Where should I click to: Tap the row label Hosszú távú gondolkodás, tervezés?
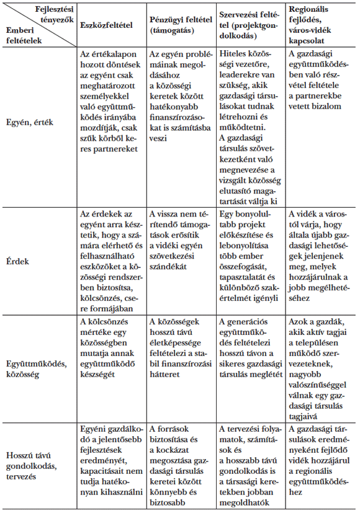coord(38,465)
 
